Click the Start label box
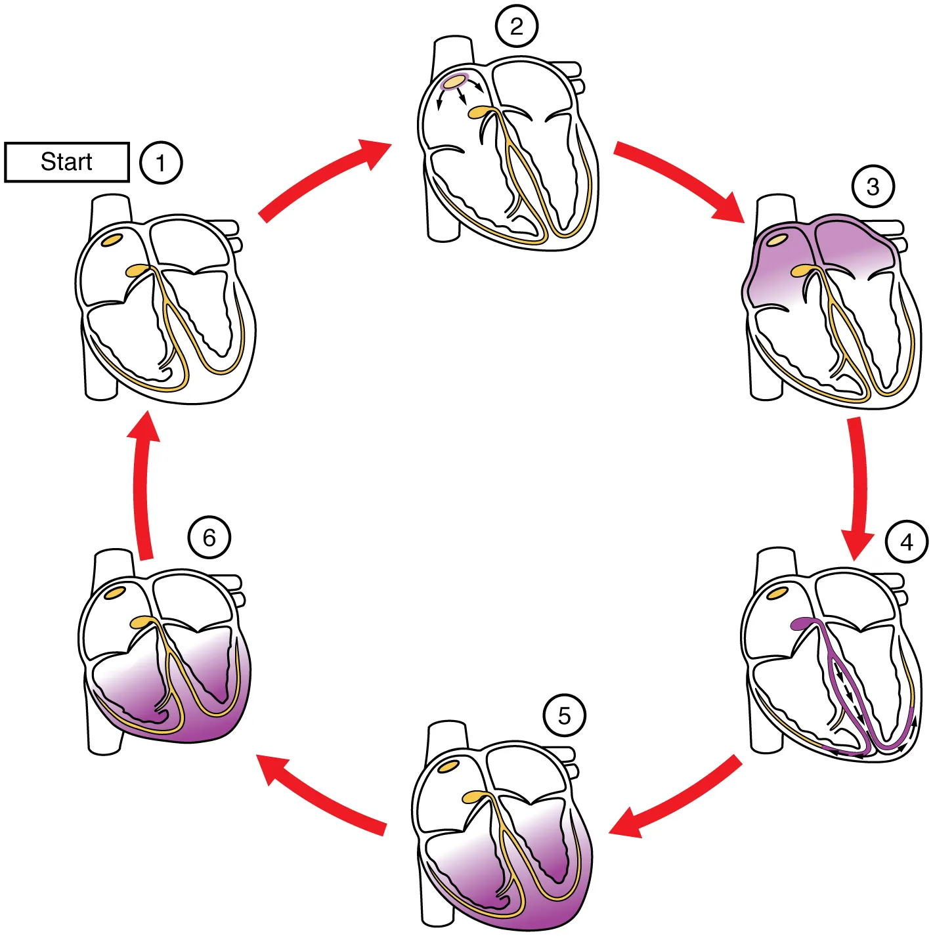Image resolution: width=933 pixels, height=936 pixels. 67,161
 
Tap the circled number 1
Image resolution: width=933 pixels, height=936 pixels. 161,162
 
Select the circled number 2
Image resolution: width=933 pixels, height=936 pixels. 517,26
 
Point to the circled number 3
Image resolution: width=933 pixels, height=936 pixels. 873,186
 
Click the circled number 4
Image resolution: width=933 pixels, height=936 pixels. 907,542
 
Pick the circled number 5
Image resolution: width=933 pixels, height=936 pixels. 565,715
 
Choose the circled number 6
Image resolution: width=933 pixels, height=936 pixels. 209,538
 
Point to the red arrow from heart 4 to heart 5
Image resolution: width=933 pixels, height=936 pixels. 676,798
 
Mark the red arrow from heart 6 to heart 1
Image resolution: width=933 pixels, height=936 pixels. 142,486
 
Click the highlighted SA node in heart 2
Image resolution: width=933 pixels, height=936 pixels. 454,82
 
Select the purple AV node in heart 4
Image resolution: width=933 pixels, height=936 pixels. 802,623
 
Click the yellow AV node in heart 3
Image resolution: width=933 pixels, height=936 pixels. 802,270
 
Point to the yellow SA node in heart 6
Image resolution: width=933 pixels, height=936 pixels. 115,593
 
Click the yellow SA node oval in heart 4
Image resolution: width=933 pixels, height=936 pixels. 778,593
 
